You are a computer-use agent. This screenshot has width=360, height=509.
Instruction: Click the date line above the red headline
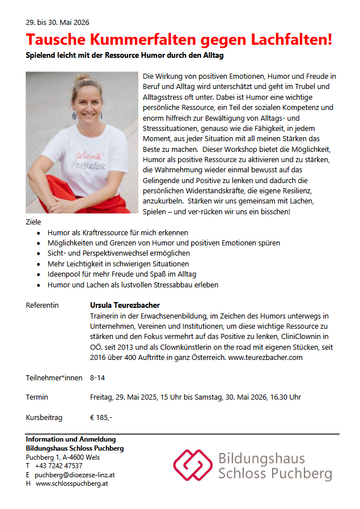click(x=57, y=23)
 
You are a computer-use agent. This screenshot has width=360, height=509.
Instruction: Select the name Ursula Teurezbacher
click(x=125, y=305)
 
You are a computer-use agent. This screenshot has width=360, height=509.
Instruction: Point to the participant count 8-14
click(x=98, y=377)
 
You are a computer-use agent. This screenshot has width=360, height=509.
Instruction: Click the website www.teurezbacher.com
click(x=265, y=357)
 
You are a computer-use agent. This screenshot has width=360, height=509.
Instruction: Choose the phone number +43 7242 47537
click(x=58, y=466)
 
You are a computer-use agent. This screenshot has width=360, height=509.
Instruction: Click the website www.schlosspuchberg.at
click(x=72, y=483)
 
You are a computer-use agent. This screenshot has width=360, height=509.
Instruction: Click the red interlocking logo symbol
click(x=193, y=465)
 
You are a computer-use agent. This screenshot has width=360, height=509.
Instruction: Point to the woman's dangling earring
click(x=74, y=115)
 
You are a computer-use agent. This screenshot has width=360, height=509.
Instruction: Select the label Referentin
click(x=42, y=305)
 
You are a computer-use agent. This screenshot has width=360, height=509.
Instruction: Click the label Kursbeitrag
click(x=44, y=418)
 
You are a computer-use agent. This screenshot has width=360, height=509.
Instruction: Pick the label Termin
click(x=37, y=397)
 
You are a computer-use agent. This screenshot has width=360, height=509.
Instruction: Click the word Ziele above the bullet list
click(x=33, y=222)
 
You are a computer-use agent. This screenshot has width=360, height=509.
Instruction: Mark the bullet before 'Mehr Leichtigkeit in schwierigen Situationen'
click(x=38, y=264)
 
